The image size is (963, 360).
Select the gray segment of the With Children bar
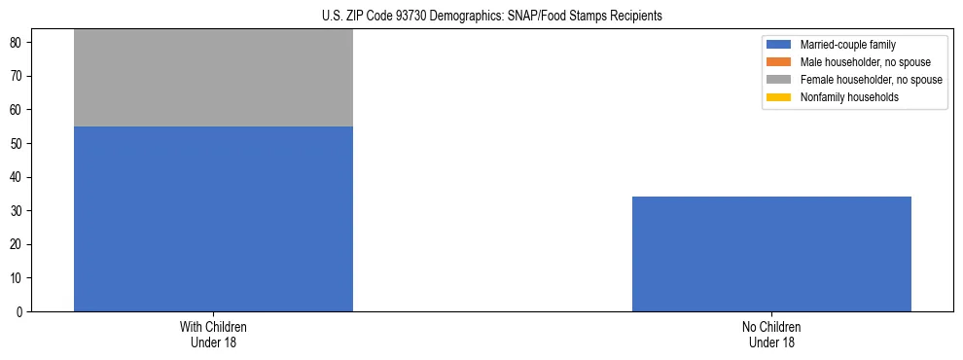213,78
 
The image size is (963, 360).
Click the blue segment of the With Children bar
213,219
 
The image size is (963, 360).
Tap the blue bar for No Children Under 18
771,254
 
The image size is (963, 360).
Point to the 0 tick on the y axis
20,312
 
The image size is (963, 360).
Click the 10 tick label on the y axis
18,278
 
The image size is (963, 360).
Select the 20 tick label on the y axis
18,245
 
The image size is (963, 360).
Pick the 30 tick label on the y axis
18,211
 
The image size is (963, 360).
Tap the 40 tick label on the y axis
18,178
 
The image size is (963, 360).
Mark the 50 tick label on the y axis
18,144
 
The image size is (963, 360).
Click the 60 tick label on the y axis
18,110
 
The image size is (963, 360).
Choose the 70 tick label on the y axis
18,77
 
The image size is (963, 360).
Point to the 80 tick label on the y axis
18,43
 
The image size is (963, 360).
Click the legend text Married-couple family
848,45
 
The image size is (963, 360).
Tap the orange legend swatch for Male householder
779,62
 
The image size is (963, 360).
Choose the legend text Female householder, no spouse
871,80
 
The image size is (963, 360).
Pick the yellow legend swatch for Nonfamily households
779,97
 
